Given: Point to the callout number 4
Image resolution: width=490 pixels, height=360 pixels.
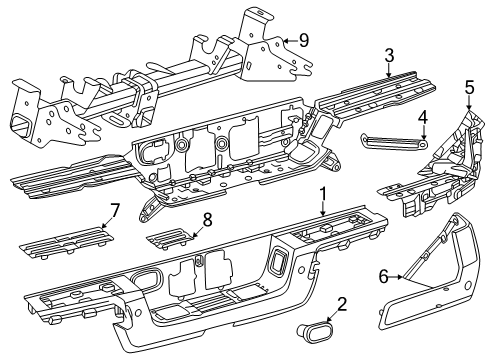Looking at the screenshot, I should click(423, 116).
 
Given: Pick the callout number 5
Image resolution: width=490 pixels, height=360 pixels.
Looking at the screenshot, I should click(469, 87).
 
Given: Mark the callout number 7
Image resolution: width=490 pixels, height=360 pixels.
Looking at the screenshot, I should click(115, 210).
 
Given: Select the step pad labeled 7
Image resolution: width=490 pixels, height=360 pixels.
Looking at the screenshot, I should click(64, 236).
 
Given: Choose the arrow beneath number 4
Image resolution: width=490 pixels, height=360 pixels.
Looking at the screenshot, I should click(422, 134).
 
